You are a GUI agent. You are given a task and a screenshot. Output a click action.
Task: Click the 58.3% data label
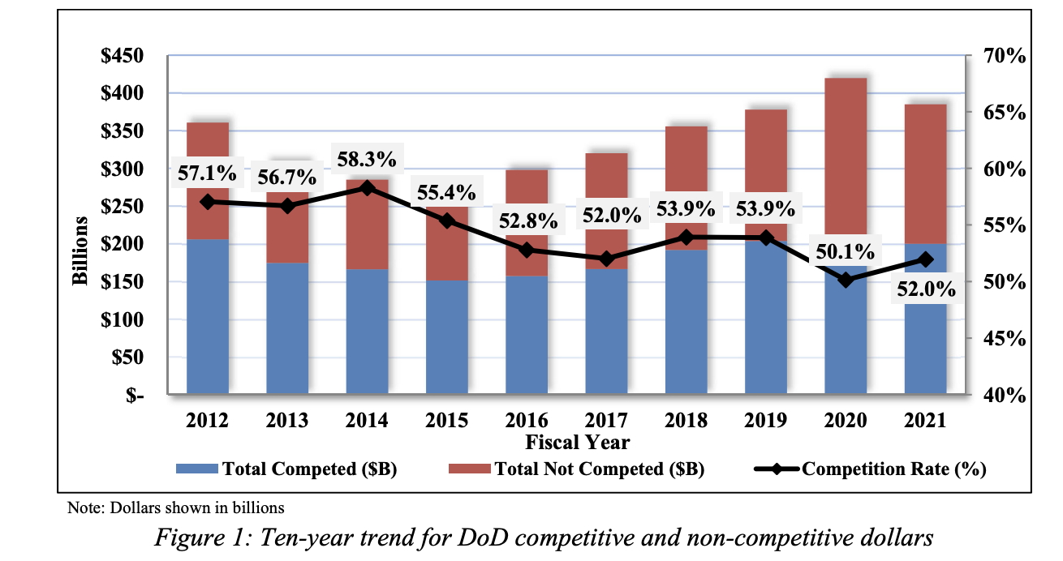coord(367,156)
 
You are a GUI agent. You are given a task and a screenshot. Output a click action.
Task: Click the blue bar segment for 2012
coord(208,316)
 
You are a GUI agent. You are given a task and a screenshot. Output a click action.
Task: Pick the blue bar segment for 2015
coord(447,336)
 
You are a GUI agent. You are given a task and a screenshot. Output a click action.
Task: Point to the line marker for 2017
coord(606,259)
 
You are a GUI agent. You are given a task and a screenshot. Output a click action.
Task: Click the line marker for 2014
coord(367,188)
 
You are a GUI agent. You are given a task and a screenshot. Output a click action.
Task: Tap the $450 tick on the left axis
coord(122,56)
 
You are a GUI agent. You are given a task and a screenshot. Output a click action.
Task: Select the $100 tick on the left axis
coord(122,319)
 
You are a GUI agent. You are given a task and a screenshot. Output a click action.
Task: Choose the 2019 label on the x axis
coord(765,420)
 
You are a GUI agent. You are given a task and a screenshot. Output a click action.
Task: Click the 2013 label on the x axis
coord(287,420)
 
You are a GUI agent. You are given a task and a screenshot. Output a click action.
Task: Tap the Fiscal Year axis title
coord(577,442)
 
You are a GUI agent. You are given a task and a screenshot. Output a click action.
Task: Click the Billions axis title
coord(80,251)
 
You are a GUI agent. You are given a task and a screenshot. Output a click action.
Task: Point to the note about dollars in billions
coord(174,508)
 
